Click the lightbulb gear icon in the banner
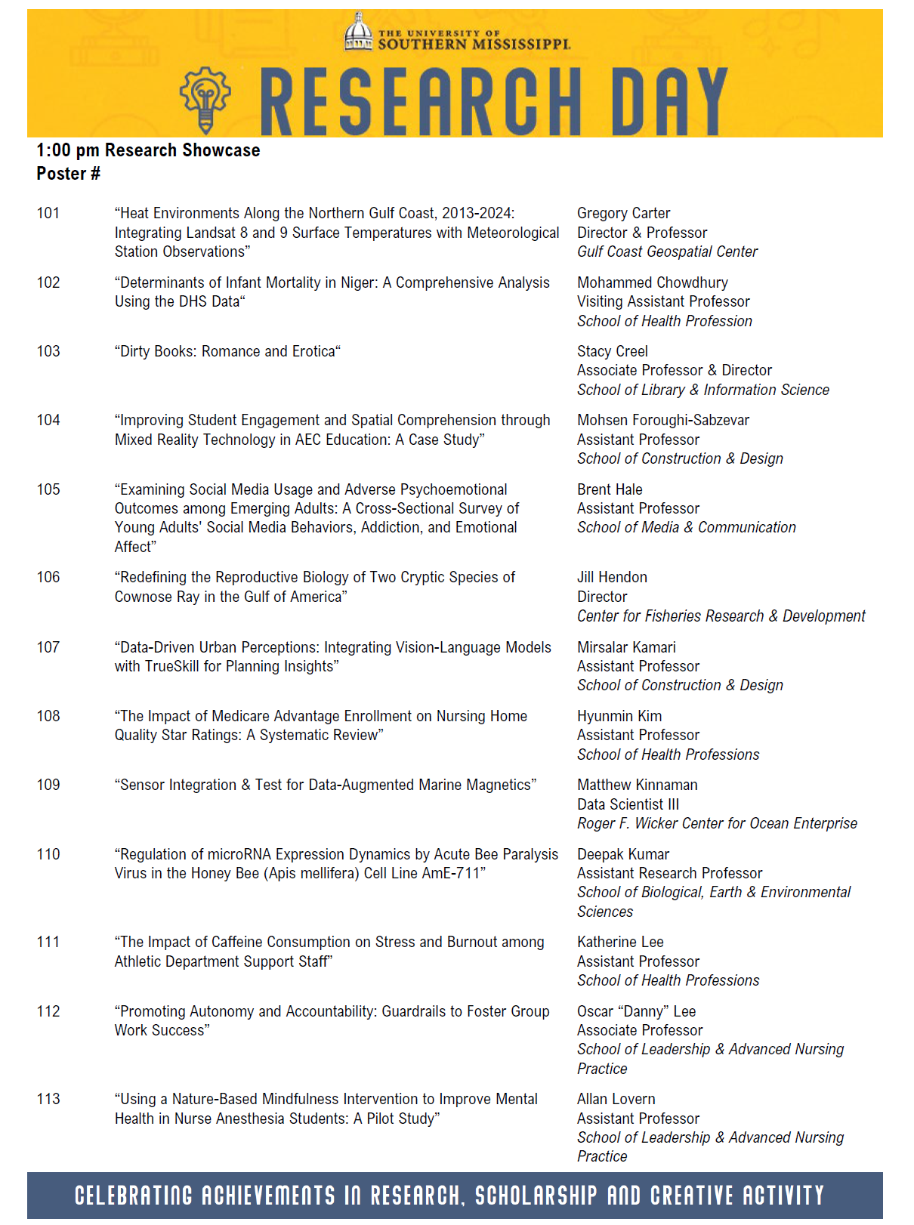(x=205, y=99)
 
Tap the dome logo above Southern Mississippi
(x=358, y=33)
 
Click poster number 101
(x=48, y=214)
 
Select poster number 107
(x=48, y=647)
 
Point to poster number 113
(x=48, y=1099)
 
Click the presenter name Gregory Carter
(x=623, y=214)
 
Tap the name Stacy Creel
(x=612, y=351)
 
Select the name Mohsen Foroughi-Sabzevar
(x=662, y=420)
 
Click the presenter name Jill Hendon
(x=612, y=577)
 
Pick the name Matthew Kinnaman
(x=637, y=785)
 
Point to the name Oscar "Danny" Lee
(x=636, y=1011)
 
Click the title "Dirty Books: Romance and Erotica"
(x=227, y=351)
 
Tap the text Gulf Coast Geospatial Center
(x=667, y=251)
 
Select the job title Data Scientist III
(x=628, y=804)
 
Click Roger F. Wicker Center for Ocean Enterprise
(x=717, y=823)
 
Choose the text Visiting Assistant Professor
(x=663, y=301)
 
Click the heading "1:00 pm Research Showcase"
(x=148, y=150)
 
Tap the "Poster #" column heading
(x=68, y=174)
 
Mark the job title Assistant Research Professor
(x=669, y=873)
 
